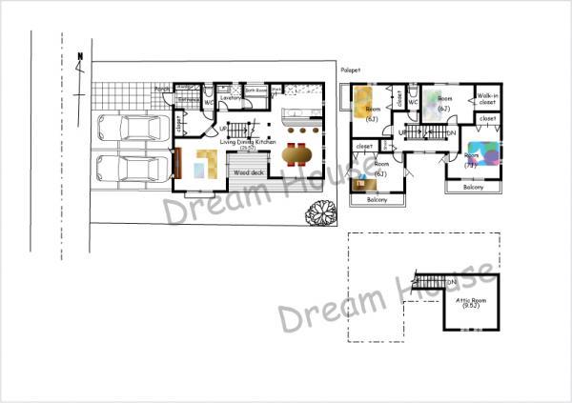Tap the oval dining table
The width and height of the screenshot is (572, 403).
point(297,153)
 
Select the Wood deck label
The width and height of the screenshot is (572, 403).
point(249,172)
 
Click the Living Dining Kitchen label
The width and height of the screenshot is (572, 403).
point(249,143)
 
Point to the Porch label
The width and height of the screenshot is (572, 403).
point(162,91)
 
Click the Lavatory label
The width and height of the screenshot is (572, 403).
point(230,97)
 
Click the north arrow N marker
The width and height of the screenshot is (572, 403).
point(79,60)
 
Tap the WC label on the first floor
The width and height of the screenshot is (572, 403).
point(208,102)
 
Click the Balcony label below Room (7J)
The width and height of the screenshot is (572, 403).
point(474,188)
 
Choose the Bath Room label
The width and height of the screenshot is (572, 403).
point(256,91)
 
